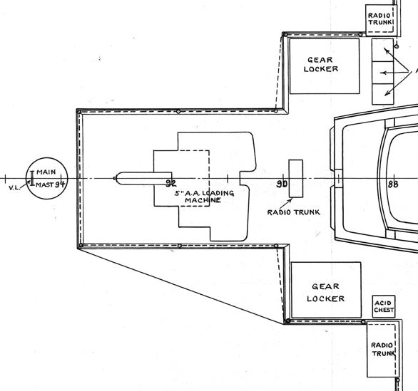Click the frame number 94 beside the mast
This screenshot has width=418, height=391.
pyautogui.click(x=60, y=184)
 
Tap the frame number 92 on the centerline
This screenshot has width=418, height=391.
pyautogui.click(x=171, y=183)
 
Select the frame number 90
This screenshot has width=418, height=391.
pyautogui.click(x=282, y=184)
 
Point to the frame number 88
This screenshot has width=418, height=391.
pyautogui.click(x=393, y=184)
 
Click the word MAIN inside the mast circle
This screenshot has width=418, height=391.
pyautogui.click(x=46, y=172)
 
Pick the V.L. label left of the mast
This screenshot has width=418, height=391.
pyautogui.click(x=14, y=187)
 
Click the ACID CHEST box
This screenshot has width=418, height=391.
pyautogui.click(x=384, y=307)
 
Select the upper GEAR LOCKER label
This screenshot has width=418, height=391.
pyautogui.click(x=321, y=64)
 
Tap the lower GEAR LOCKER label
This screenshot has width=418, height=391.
pyautogui.click(x=325, y=293)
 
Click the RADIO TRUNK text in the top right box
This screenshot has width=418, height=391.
pyautogui.click(x=380, y=19)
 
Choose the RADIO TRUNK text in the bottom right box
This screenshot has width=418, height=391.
pyautogui.click(x=383, y=349)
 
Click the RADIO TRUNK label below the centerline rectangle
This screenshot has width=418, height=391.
pyautogui.click(x=293, y=212)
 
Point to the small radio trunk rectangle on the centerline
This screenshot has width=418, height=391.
pyautogui.click(x=296, y=179)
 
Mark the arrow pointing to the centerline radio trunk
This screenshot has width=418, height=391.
pyautogui.click(x=286, y=204)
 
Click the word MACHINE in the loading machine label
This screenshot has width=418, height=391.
pyautogui.click(x=203, y=200)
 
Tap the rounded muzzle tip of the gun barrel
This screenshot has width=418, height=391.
pyautogui.click(x=115, y=178)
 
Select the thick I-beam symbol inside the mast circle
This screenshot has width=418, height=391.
pyautogui.click(x=32, y=178)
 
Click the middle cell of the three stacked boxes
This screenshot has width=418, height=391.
pyautogui.click(x=383, y=73)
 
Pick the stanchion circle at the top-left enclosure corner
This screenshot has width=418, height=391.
pyautogui.click(x=79, y=112)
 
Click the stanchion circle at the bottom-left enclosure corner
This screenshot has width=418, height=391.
pyautogui.click(x=81, y=245)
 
